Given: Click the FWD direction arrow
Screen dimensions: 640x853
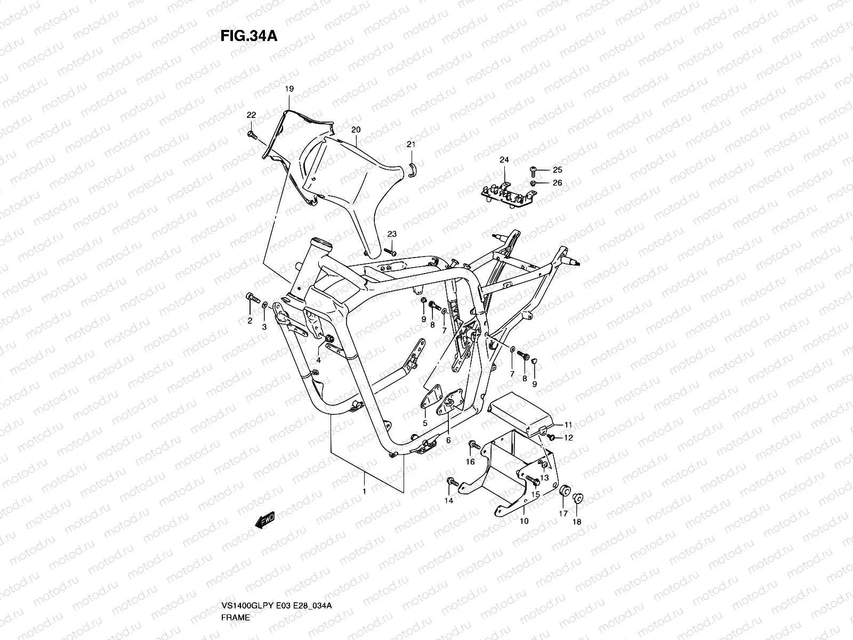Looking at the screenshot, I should pos(265,519).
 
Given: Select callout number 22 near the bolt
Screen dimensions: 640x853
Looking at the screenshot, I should pos(251,115).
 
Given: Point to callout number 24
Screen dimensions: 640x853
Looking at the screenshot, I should pos(504,159).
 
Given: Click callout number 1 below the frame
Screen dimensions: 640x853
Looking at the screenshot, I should pos(364,490).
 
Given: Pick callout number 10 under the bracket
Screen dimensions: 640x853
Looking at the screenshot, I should pos(524,521).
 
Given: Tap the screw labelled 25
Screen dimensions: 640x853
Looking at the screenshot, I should pos(534,170).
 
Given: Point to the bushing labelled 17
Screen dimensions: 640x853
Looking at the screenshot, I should pos(562,491).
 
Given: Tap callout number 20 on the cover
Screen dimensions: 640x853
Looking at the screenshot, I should pos(356,130).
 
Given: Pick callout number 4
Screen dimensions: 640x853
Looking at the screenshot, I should pos(318,360).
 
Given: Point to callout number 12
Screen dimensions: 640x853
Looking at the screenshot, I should pos(568,438).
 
